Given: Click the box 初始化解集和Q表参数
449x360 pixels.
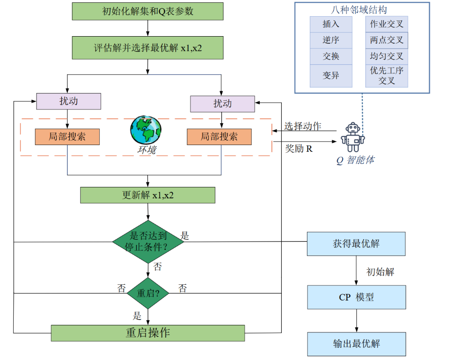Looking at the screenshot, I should coord(148,11).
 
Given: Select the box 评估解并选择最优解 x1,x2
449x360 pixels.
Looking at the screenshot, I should coord(148,48).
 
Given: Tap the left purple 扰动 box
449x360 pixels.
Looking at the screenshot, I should coord(69,101).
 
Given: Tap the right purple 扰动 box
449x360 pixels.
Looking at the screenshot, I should coord(222,104).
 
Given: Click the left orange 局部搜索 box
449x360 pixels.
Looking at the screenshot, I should coord(67,136).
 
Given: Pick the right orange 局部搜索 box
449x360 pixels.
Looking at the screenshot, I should coord(219,136).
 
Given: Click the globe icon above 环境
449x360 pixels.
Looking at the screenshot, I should coord(146,130).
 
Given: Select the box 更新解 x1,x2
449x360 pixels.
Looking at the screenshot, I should coord(148,195).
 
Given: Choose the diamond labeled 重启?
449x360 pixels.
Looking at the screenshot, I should coord(148,293).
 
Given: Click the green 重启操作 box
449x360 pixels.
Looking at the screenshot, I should coord(148,333).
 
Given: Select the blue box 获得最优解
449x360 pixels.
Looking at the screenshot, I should coord(356,244).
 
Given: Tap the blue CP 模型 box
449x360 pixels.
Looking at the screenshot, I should coord(356,297).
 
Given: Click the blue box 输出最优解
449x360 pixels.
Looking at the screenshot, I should coord(356,344).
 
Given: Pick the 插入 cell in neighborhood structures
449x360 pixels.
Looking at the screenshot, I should coord(331,24).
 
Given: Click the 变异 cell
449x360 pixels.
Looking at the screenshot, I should coord(331,75).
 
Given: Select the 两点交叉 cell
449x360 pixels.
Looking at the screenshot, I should coord(387,40).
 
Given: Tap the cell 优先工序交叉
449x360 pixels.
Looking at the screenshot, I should coord(387,76).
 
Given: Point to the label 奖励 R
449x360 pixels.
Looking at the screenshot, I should coord(299,148).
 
